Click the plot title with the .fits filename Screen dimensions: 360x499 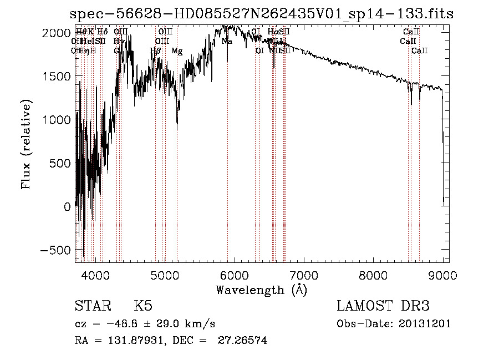tap(262, 14)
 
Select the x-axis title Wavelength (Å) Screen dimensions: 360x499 tap(261, 290)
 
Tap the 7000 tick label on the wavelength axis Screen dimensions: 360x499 tap(304, 275)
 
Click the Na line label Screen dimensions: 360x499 tap(227, 42)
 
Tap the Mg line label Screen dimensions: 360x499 tap(177, 51)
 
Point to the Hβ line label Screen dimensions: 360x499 tap(156, 51)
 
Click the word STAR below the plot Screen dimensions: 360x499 tap(92, 306)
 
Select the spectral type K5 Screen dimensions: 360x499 tap(143, 306)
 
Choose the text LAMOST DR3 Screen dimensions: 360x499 tap(383, 306)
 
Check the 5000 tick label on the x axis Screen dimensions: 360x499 tap(165, 275)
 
